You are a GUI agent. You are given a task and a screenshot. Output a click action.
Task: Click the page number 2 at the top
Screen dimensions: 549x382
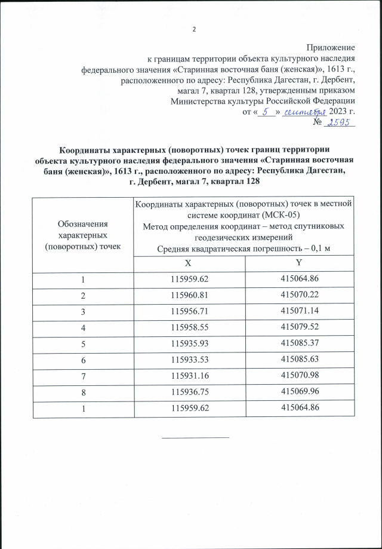pyautogui.click(x=195, y=30)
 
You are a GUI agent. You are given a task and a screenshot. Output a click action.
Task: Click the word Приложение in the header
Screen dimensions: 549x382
pyautogui.click(x=331, y=47)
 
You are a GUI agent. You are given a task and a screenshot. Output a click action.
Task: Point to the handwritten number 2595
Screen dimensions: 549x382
pyautogui.click(x=339, y=122)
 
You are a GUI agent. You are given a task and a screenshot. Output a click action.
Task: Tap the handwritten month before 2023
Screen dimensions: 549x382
pyautogui.click(x=304, y=112)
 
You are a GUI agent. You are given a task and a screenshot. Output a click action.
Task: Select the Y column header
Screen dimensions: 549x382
pyautogui.click(x=298, y=263)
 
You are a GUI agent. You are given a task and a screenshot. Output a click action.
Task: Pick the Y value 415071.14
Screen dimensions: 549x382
pyautogui.click(x=298, y=311)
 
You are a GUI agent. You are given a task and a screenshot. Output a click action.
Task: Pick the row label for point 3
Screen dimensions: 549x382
pyautogui.click(x=83, y=311)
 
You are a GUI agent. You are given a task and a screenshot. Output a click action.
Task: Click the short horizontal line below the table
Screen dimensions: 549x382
pyautogui.click(x=195, y=437)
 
